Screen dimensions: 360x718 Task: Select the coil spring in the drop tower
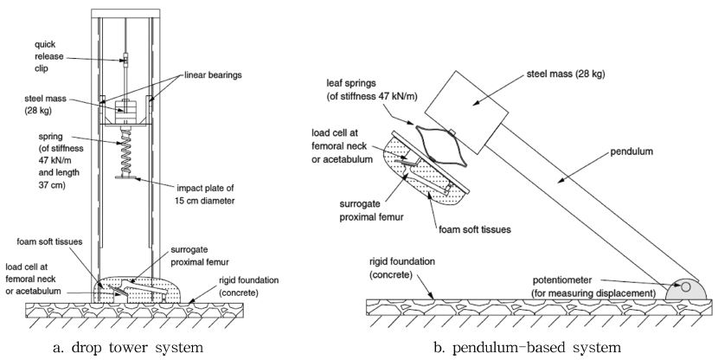coord(126,151)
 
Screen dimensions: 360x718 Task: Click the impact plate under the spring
coord(126,178)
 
